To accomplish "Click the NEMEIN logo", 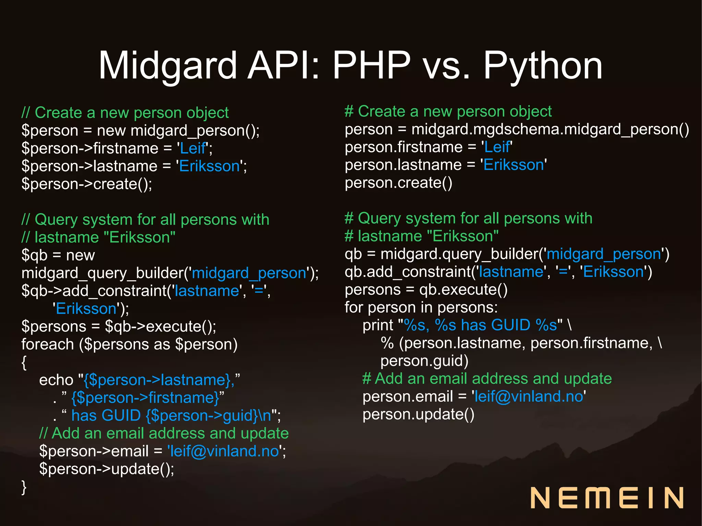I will (607, 498).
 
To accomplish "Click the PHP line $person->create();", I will (87, 184).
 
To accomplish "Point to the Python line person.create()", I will (398, 183).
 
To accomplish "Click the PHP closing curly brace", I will (24, 487).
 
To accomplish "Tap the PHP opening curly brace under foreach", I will (24, 362).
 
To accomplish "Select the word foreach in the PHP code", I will (48, 344).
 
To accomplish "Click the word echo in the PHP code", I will (56, 380).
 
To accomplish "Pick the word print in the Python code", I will (378, 325).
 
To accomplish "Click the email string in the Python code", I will (529, 396).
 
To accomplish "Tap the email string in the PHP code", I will (225, 451).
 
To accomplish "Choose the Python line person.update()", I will (419, 414).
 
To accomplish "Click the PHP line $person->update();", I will (107, 469).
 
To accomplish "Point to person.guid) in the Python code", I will (424, 361).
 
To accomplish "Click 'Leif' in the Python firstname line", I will (497, 147).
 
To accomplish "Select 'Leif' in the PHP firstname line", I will (193, 148).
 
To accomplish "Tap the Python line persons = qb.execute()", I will (426, 290).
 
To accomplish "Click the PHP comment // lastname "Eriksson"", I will (98, 237).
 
